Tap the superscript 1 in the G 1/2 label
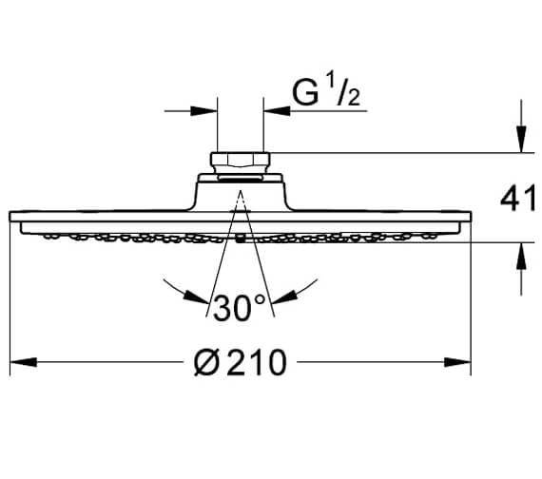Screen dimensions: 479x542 click(333, 86)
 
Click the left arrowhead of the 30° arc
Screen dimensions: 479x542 click(171, 285)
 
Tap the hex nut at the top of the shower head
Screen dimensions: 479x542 click(241, 160)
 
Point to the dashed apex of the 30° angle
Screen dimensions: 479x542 click(241, 195)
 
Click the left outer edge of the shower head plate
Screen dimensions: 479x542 click(11, 218)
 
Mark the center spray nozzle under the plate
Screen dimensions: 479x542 click(241, 239)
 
